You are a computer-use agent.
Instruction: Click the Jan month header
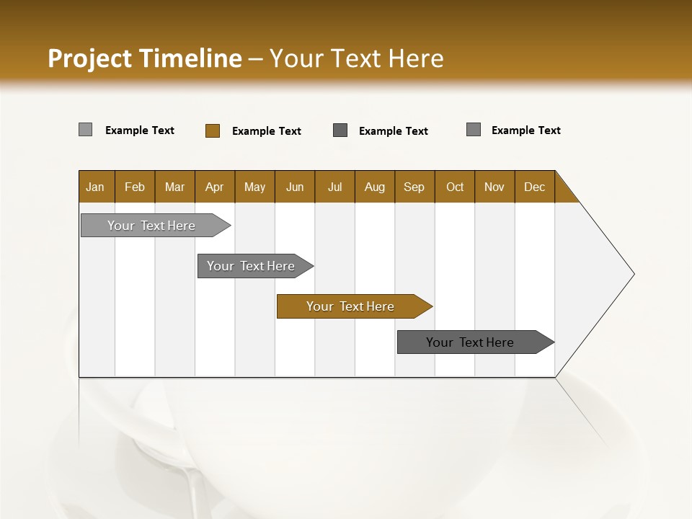coord(96,187)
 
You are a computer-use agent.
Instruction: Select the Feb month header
coord(135,187)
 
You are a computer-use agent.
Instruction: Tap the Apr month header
coord(215,187)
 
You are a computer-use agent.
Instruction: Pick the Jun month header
coord(295,187)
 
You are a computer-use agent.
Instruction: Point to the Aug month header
coord(375,187)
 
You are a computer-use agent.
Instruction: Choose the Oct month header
coord(455,187)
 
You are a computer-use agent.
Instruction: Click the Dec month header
coord(535,187)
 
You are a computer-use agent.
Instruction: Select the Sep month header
coord(414,187)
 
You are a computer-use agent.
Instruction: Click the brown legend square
coord(213,130)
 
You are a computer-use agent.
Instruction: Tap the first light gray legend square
coord(86,130)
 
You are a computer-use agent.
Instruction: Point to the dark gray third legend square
coord(340,130)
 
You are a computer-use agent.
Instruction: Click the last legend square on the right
coord(474,130)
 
